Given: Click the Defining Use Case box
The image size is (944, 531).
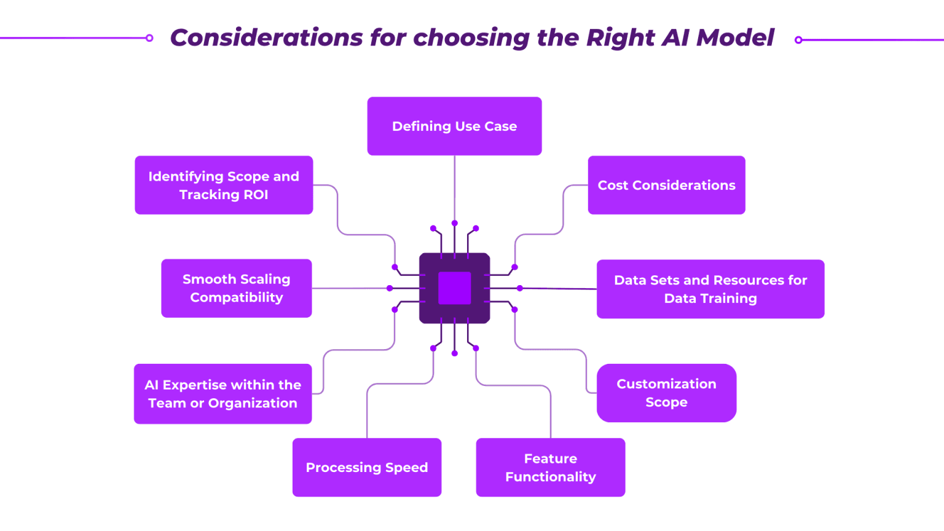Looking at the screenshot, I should tap(454, 126).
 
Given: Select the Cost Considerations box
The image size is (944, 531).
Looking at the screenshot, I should tap(666, 185).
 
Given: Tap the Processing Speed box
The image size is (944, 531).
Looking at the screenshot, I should tap(367, 467).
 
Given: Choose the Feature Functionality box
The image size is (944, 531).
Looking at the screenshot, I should tap(550, 467).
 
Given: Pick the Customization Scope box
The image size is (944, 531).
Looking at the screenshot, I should tap(666, 393).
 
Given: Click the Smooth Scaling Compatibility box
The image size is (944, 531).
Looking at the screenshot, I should tap(237, 288).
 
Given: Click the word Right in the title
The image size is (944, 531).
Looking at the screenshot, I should tap(621, 37).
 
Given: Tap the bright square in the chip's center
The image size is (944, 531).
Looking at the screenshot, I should tap(454, 288).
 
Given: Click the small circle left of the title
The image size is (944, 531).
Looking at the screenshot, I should tap(149, 38).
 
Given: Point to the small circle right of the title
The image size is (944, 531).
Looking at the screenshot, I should tap(798, 40).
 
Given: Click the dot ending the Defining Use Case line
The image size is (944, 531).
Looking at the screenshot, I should tap(455, 223).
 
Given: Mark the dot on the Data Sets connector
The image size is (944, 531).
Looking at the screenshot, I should tap(520, 288).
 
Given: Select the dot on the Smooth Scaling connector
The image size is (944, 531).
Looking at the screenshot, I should tap(390, 288).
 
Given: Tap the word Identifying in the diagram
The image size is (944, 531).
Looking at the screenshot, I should tap(186, 176).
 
